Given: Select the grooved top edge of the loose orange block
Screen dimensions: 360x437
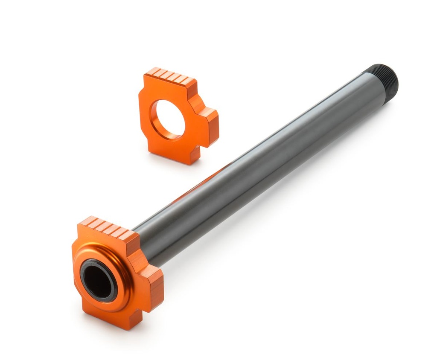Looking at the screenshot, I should point(173,77).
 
